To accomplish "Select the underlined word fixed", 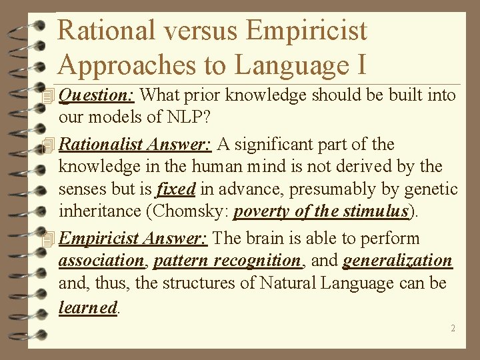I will point(175,189).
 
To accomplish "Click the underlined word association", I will point(101,261).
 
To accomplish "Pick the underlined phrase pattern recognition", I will point(227,261).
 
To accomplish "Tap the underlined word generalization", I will point(397,261).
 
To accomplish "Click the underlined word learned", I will point(88,307).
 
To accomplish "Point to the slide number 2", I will point(453,328).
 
